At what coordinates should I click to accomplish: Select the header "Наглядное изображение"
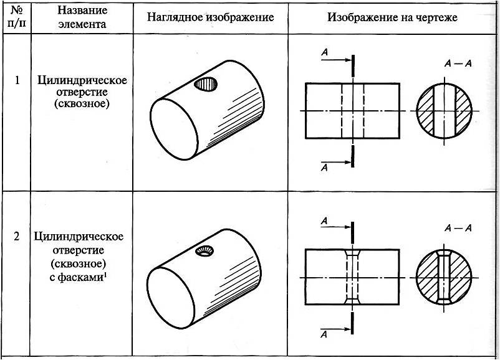[211, 17]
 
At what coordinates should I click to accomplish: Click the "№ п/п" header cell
[17, 17]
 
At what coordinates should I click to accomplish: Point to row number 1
[17, 80]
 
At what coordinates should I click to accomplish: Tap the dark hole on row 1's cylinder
[203, 83]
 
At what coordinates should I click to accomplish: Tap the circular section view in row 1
[445, 110]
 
